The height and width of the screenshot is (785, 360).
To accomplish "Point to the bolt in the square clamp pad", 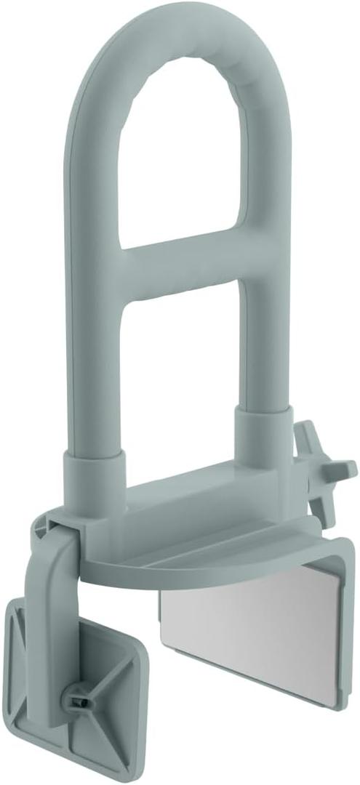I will tap(78, 701).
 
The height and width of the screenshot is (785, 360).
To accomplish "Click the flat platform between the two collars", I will tap(182, 502).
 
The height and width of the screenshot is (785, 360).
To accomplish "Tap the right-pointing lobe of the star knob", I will tap(348, 466).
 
